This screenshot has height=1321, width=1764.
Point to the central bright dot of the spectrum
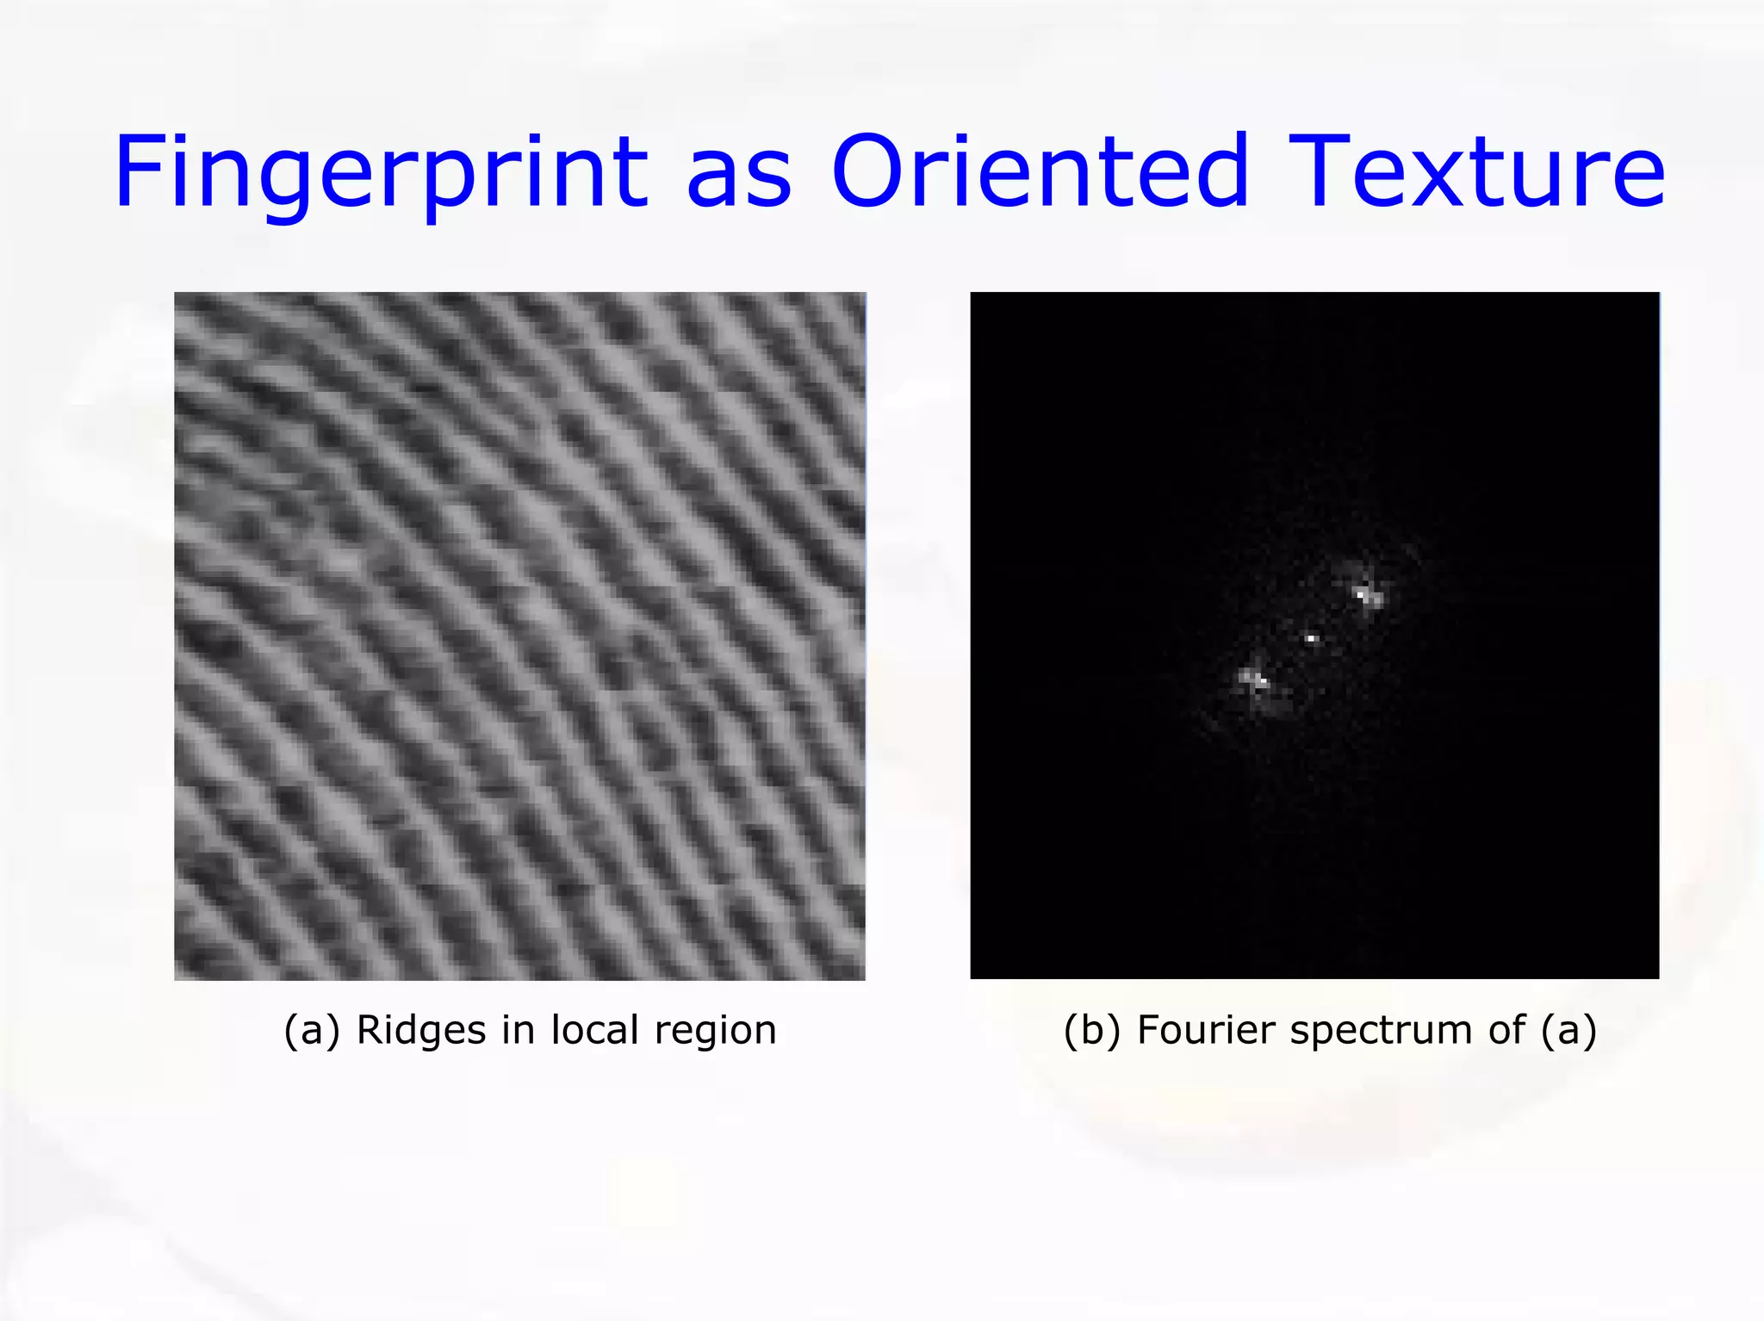click(x=1311, y=638)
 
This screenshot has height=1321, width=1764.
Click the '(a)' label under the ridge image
click(x=312, y=1030)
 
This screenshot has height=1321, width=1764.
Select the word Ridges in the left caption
click(x=421, y=1030)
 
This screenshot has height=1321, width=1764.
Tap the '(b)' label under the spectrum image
click(x=1092, y=1030)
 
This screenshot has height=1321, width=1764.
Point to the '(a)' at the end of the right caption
click(x=1569, y=1030)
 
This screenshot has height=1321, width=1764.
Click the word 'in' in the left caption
click(x=518, y=1030)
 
